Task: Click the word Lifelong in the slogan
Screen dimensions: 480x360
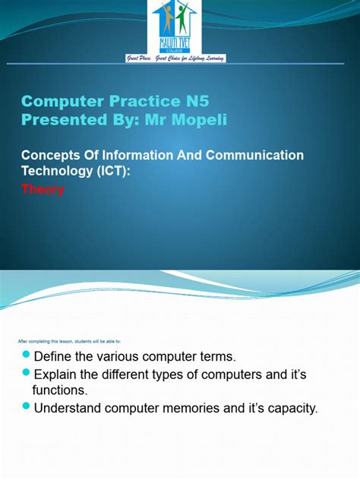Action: coord(195,58)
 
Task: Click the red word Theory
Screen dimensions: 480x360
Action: coord(42,190)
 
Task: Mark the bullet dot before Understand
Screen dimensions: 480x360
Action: coord(27,407)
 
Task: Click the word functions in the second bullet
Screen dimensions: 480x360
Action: coord(58,390)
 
